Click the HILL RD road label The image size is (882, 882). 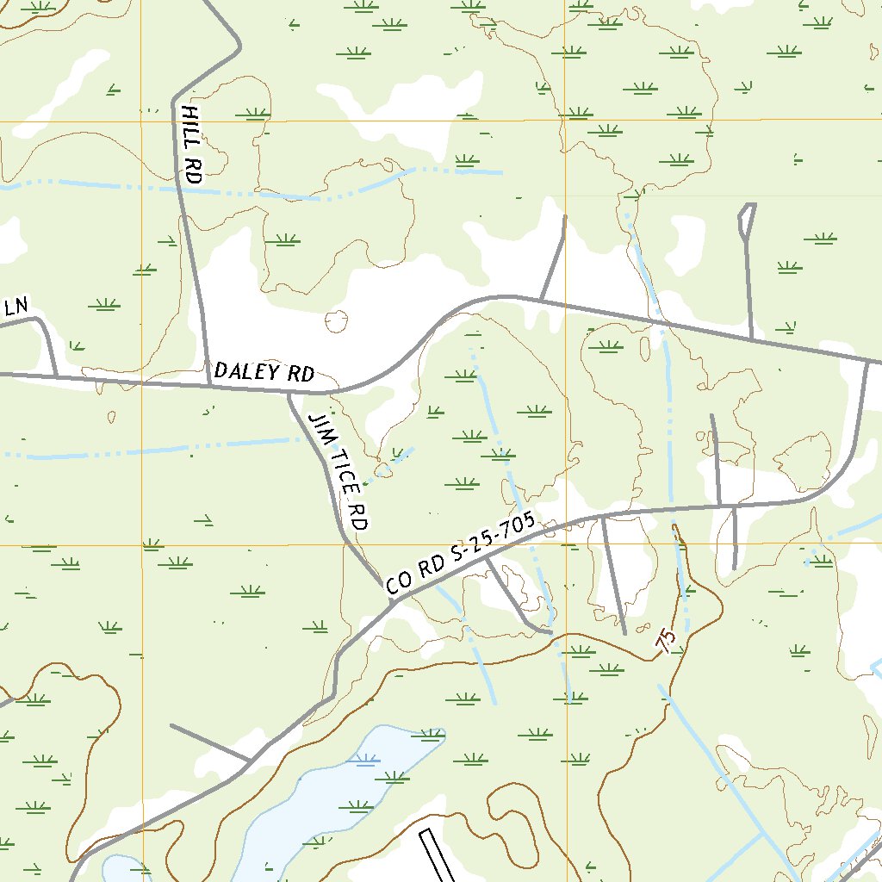191,144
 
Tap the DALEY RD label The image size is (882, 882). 264,372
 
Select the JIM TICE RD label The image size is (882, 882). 340,472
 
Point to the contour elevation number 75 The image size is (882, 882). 665,639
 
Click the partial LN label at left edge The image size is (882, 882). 16,307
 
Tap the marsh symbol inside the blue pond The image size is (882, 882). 364,759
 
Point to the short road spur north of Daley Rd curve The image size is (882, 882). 553,258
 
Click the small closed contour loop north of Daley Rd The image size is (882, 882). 336,322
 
